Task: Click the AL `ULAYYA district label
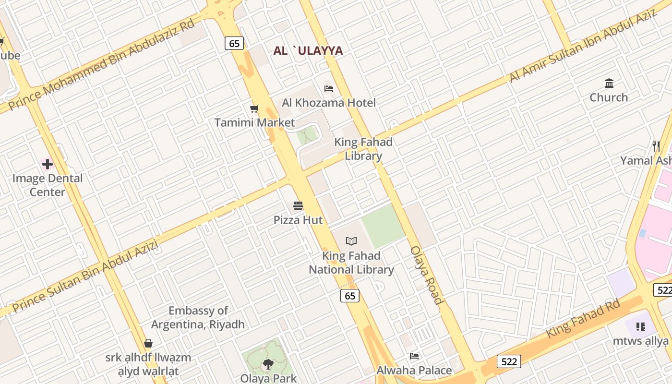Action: point(308,51)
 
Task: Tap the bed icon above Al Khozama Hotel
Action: point(329,89)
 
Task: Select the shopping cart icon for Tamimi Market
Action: point(254,109)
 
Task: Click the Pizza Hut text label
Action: point(298,220)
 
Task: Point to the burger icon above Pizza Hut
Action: point(298,206)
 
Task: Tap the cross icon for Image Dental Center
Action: point(48,165)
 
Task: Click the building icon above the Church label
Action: point(609,84)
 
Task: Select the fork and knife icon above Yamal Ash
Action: point(656,146)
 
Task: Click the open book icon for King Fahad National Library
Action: point(351,241)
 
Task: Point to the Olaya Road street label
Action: point(426,276)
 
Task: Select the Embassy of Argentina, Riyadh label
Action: point(198,317)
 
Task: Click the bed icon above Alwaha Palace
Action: point(414,356)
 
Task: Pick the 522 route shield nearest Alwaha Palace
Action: point(508,361)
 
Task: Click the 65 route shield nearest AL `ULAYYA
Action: point(234,43)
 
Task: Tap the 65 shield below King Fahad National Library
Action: point(350,296)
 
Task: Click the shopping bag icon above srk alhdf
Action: point(148,344)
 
